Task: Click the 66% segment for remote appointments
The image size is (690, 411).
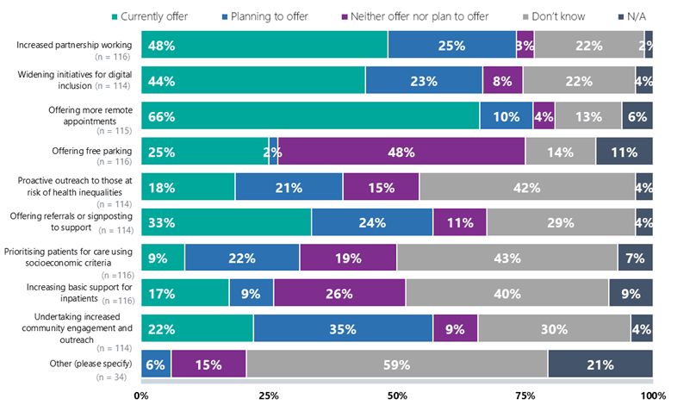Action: [310, 116]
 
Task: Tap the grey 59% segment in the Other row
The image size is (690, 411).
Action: [396, 364]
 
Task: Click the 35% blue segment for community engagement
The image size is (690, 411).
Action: [343, 328]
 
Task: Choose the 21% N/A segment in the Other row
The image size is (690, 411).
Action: [600, 364]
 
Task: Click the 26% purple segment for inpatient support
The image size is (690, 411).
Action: [339, 293]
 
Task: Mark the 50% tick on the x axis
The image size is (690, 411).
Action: [397, 395]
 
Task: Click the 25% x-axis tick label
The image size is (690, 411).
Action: [269, 395]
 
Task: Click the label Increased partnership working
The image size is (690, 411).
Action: [74, 43]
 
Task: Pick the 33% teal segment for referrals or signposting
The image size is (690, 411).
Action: [226, 222]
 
